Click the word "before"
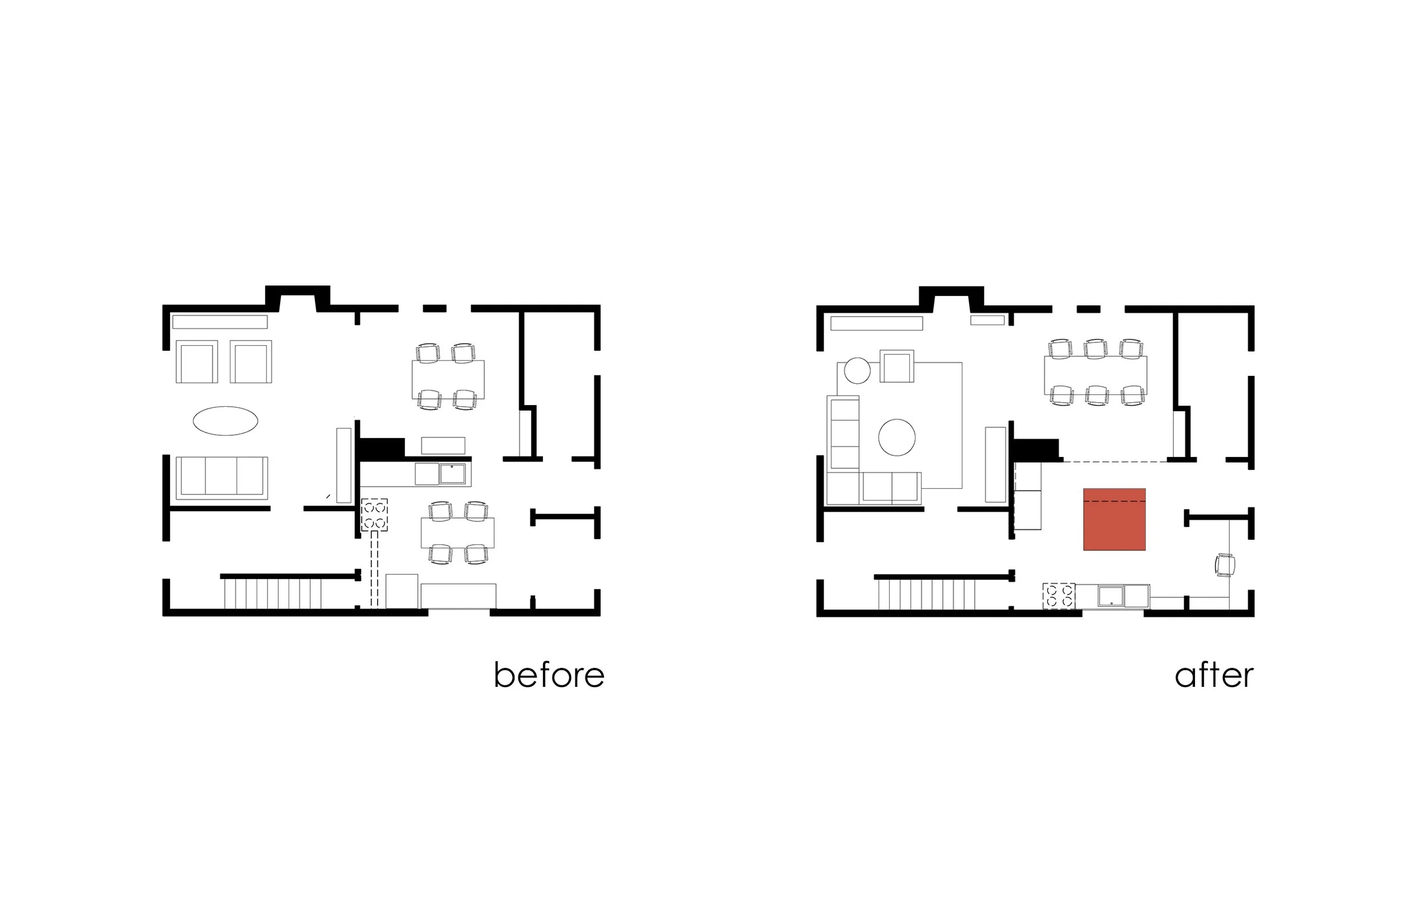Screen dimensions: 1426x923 coord(549,675)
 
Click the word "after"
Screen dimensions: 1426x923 coord(1214,675)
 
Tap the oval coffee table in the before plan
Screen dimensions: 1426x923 coord(225,421)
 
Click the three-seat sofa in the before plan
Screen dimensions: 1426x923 coord(222,477)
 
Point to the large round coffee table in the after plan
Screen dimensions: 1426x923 coord(896,438)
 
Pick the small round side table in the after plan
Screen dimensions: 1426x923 coord(857,370)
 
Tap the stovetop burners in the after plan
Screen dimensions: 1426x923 coord(1059,596)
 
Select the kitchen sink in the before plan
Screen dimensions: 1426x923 coord(452,473)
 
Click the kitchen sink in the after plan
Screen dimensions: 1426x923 coord(1111,596)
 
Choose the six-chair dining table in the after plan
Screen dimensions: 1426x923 coord(1095,375)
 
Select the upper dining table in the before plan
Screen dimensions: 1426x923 coord(448,379)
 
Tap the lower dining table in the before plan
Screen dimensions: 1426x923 coord(458,532)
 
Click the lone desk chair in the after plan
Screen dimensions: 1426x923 coord(1225,565)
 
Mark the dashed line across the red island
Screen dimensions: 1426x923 coord(1114,500)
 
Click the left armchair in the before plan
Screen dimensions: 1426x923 coord(197,362)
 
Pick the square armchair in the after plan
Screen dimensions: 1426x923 coord(896,367)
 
